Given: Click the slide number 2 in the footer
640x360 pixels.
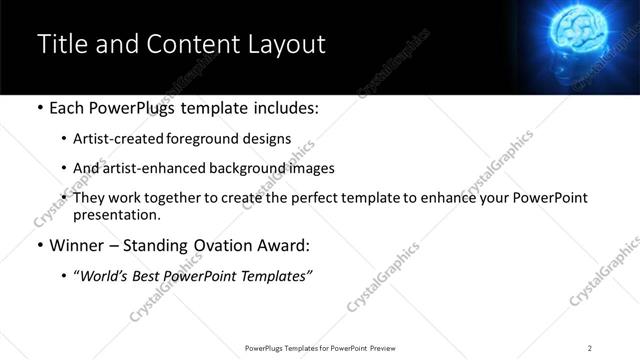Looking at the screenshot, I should pyautogui.click(x=590, y=347).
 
